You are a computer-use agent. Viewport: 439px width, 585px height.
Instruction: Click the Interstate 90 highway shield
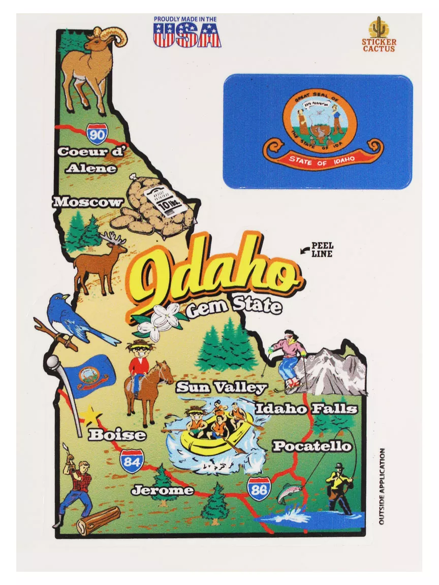pos(97,134)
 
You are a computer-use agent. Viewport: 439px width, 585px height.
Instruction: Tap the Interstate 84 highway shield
pos(132,461)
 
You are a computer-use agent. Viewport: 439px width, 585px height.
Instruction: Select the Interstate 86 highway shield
pos(259,489)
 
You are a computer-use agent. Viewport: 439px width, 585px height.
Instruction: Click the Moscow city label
pos(88,202)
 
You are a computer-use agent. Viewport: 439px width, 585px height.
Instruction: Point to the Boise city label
pos(117,435)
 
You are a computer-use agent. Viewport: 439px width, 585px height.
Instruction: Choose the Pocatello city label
pos(312,446)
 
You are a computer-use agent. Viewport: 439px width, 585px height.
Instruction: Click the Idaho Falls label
pos(306,409)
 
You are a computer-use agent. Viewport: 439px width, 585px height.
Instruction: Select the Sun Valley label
pos(222,388)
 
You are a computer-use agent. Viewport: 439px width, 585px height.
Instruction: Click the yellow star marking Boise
pos(90,415)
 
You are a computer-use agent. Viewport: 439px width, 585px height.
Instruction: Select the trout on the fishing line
pos(289,493)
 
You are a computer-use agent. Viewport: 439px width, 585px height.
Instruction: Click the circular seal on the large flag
pos(320,120)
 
